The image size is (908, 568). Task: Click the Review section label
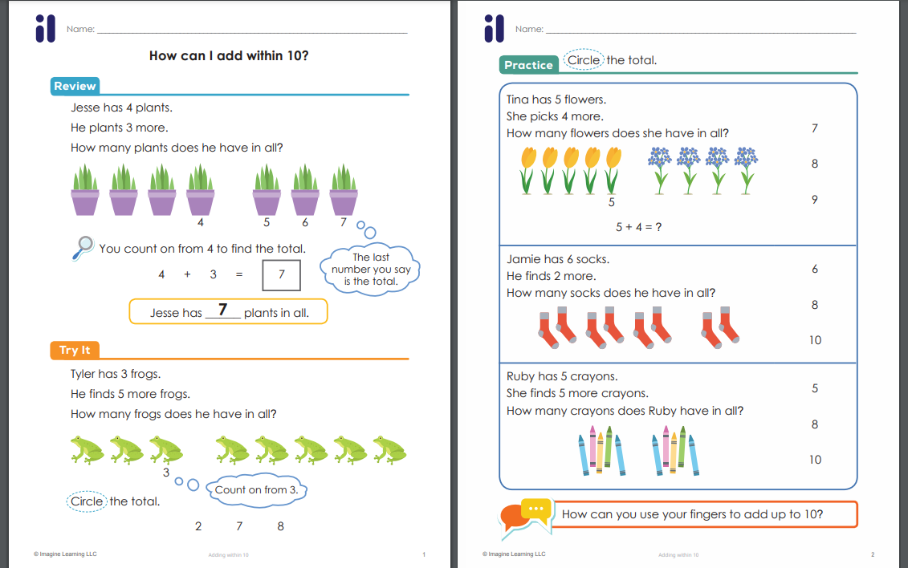75,86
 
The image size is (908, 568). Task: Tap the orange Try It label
75,350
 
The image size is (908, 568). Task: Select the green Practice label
528,65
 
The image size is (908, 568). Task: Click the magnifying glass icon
83,248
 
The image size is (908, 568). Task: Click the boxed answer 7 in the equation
282,274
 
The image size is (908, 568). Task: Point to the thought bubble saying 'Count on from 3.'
256,490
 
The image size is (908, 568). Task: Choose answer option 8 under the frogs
280,525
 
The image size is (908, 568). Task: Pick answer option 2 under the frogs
198,525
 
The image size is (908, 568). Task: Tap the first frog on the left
87,450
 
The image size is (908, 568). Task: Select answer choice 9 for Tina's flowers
815,200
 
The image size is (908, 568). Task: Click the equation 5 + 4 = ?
639,227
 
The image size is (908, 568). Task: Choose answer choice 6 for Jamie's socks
815,269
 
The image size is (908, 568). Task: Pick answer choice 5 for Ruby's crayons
815,388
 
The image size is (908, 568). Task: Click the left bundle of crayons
601,451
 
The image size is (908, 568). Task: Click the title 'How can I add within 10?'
229,55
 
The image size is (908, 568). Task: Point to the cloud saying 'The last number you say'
371,270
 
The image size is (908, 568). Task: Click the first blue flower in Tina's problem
660,170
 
